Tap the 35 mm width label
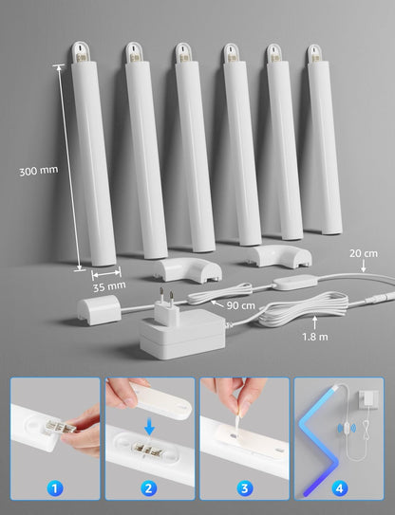[109, 285]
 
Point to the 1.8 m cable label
[316, 336]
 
